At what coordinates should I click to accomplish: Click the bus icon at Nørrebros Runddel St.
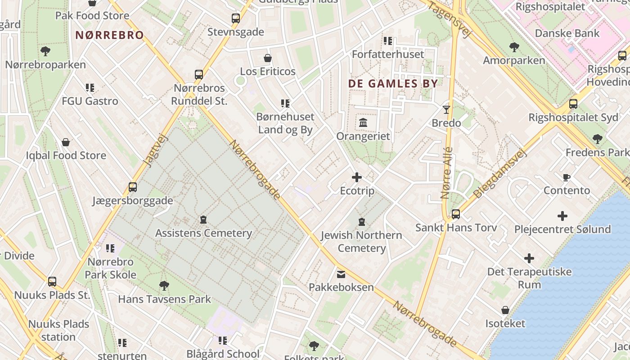198,74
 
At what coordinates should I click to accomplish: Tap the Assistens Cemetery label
203,233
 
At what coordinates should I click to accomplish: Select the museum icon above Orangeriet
363,122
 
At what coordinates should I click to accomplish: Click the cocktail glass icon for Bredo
446,109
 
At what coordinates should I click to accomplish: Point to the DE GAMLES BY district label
393,84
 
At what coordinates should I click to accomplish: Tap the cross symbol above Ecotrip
357,177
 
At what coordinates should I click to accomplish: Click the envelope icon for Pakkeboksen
341,274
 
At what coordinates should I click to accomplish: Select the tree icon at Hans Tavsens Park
164,285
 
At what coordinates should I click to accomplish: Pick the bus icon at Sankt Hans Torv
456,214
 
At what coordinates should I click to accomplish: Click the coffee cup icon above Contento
567,177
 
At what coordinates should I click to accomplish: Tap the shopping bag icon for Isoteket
505,310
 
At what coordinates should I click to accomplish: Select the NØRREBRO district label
109,35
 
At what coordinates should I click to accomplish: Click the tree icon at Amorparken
514,47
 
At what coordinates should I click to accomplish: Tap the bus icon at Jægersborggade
133,187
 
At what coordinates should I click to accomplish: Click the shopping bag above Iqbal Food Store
66,142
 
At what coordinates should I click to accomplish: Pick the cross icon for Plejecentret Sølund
562,216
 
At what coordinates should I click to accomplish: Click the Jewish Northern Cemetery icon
362,222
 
